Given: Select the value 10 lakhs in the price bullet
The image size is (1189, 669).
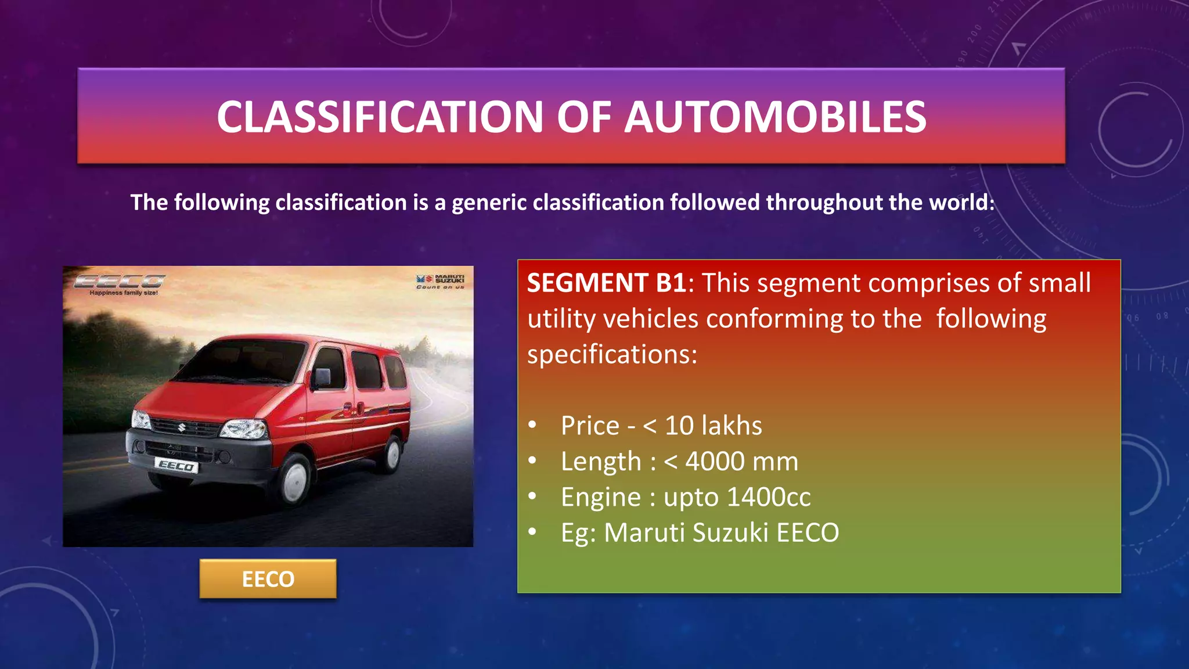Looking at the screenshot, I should [x=713, y=426].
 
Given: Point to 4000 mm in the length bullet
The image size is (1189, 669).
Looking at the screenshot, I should [x=741, y=462].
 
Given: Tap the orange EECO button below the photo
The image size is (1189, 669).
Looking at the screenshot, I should [x=268, y=579].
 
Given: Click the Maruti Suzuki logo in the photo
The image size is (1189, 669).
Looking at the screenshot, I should [x=441, y=281].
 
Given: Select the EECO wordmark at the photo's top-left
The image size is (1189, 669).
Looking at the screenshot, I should [x=120, y=282].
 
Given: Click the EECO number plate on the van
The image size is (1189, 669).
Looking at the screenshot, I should [x=176, y=466].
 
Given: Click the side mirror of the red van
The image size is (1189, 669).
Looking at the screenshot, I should [x=321, y=378].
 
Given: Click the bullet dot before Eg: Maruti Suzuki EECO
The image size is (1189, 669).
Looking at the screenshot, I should [x=532, y=531].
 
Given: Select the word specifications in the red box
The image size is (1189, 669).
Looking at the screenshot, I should [x=611, y=354].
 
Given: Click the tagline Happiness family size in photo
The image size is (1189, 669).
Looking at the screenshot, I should [x=123, y=293].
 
